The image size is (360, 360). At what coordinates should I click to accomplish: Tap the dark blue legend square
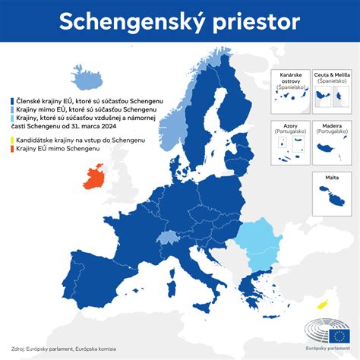point(7,100)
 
